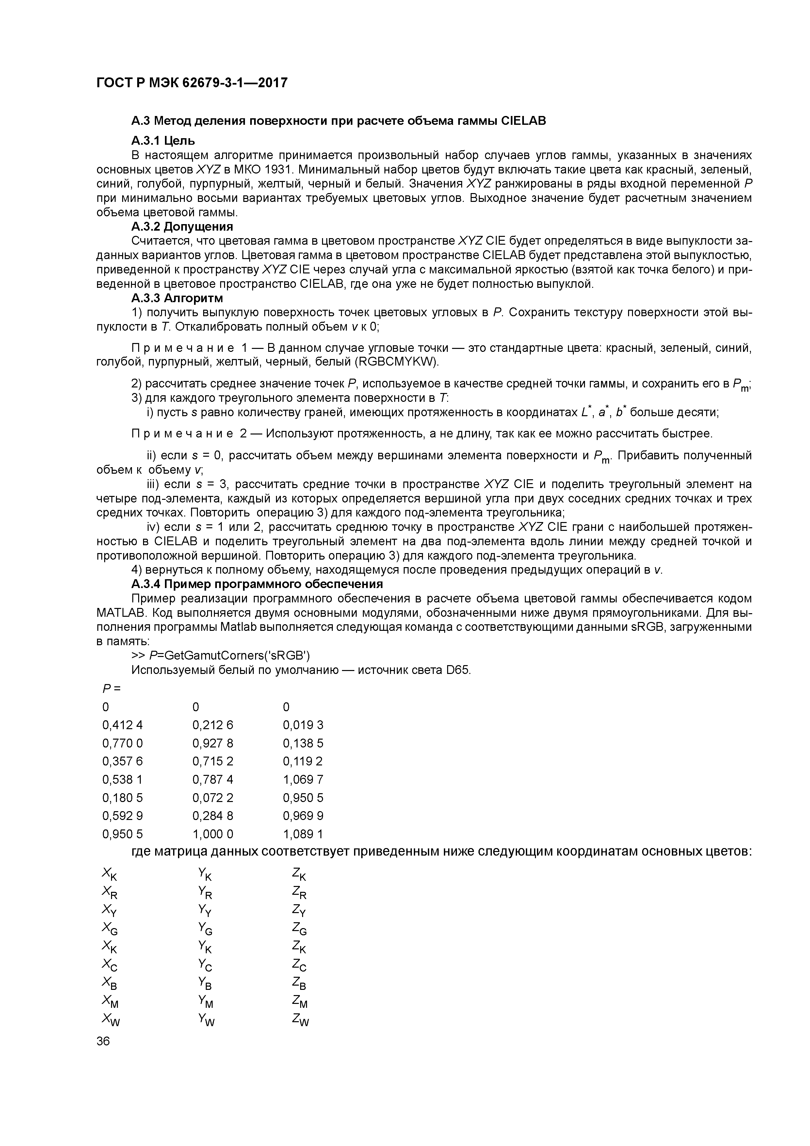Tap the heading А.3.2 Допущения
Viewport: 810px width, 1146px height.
[x=182, y=227]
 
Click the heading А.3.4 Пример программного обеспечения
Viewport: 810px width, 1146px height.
[x=257, y=584]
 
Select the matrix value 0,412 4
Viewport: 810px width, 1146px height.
[x=122, y=725]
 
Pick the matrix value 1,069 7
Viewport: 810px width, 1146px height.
[x=303, y=779]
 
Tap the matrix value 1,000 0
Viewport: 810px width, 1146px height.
[x=213, y=834]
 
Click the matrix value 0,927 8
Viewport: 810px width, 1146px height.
[x=213, y=743]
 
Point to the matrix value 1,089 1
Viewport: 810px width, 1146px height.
[x=303, y=834]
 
